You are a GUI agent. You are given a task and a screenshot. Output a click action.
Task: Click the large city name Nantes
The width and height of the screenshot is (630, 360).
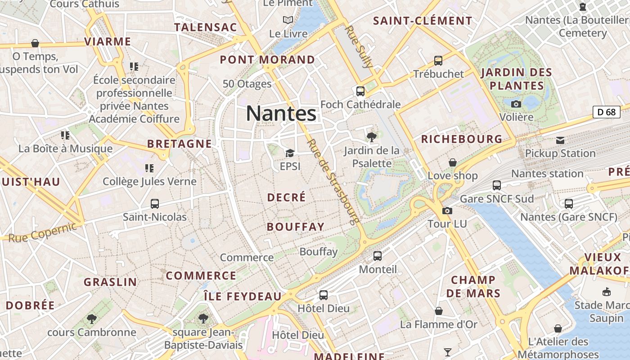click(x=281, y=113)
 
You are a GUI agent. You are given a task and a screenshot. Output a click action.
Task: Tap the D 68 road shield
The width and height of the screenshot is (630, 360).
click(x=606, y=112)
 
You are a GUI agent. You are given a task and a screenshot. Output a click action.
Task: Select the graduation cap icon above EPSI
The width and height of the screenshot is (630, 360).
click(x=290, y=153)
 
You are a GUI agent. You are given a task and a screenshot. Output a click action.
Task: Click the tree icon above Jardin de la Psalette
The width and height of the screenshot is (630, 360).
click(x=372, y=137)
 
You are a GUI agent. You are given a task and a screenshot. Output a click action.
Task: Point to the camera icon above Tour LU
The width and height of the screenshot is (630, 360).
click(x=447, y=211)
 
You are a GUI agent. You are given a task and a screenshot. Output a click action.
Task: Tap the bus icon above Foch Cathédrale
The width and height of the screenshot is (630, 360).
click(x=360, y=91)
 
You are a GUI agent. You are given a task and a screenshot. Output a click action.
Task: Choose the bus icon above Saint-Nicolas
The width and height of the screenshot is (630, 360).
click(x=155, y=204)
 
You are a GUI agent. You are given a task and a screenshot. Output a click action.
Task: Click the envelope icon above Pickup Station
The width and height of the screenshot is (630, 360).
click(x=560, y=140)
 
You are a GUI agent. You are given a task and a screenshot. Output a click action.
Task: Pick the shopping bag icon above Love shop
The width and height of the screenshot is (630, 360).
click(x=453, y=162)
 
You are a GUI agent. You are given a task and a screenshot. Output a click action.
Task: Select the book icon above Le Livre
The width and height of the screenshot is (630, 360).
click(x=288, y=20)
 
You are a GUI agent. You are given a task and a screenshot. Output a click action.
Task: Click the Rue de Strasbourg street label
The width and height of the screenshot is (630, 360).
click(x=333, y=181)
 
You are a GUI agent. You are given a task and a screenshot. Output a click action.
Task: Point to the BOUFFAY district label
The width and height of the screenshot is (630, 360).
click(x=296, y=227)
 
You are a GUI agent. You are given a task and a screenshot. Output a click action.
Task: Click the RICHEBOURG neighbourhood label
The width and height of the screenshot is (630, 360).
click(x=461, y=139)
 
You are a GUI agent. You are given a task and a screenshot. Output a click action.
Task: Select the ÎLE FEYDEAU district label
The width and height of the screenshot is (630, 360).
click(x=243, y=296)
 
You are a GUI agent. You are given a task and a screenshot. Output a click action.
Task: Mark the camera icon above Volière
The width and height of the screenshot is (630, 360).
click(x=516, y=104)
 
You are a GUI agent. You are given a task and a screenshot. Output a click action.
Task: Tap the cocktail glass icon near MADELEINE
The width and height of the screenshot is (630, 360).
click(x=447, y=352)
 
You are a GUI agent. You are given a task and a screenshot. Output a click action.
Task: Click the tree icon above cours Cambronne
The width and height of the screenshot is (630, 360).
click(x=92, y=319)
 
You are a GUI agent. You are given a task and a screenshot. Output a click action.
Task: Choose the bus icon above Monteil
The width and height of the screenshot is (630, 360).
click(x=378, y=256)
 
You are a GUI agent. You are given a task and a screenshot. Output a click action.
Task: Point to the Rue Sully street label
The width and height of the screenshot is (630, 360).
click(x=359, y=46)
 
